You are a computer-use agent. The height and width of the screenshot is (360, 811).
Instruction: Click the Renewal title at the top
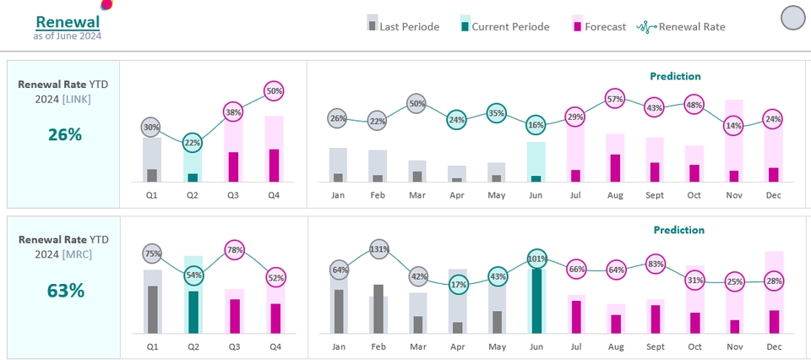point(68,22)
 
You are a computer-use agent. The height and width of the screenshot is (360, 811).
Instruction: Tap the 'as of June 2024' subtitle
point(68,36)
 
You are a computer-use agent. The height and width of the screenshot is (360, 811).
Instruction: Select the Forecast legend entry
point(599,26)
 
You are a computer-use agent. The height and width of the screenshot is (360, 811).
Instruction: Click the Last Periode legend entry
point(402,26)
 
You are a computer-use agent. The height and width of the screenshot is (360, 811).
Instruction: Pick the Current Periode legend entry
point(503,26)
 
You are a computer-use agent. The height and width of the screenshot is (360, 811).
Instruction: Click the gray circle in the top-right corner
point(793,18)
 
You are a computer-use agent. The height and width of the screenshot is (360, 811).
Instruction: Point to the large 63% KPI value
point(64,292)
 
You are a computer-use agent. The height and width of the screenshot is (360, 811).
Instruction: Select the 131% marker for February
point(378,249)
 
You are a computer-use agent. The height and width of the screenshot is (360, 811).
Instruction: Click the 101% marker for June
point(536,259)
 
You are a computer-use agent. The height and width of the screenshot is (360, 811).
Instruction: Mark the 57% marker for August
point(615,99)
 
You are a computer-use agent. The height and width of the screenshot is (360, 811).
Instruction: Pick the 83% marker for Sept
point(654,263)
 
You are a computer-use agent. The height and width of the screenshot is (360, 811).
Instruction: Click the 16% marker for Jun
point(536,125)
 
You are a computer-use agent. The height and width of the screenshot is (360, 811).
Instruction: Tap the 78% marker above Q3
point(235,249)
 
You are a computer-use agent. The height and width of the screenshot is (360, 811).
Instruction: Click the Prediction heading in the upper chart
point(675,76)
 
